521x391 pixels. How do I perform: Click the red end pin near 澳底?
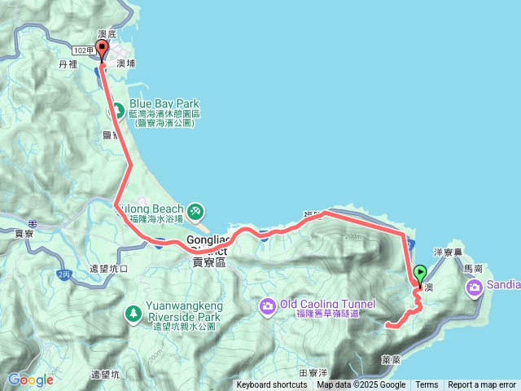click(x=102, y=49)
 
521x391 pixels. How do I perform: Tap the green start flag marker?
click(x=420, y=275)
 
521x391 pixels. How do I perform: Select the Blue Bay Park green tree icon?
click(x=117, y=107)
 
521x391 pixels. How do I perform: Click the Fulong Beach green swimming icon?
click(x=195, y=211)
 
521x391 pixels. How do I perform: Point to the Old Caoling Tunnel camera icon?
click(x=268, y=305)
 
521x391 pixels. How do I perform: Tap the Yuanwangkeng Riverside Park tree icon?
click(x=133, y=312)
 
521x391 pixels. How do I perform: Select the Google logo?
click(x=30, y=380)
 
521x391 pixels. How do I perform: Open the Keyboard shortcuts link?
click(x=272, y=385)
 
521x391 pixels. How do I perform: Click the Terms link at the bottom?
click(x=427, y=385)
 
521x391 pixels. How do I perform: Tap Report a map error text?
click(x=482, y=385)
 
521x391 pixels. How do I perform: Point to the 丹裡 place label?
click(x=67, y=63)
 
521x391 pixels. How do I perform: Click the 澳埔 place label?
click(x=126, y=63)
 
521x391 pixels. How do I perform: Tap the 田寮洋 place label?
click(x=313, y=371)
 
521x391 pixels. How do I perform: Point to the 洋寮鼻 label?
click(x=449, y=253)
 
